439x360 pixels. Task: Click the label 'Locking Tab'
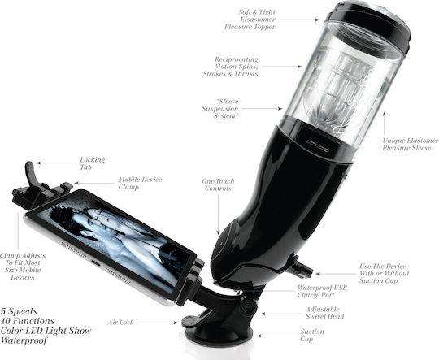(92, 163)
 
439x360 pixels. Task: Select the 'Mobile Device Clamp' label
(140, 183)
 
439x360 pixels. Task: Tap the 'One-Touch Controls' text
(218, 184)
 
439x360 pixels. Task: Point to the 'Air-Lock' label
(120, 323)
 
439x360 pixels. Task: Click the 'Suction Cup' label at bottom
(312, 336)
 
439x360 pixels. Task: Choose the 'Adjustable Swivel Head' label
(324, 313)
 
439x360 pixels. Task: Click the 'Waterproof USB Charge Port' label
(322, 291)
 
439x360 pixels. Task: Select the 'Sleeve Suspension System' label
(220, 109)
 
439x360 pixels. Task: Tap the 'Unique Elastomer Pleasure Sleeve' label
(411, 144)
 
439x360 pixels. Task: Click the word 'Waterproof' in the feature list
(24, 340)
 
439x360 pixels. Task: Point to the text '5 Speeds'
(19, 311)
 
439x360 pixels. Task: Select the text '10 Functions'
(28, 321)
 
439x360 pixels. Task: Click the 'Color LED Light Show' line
(46, 331)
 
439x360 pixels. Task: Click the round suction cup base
(219, 336)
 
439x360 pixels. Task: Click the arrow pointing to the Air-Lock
(158, 323)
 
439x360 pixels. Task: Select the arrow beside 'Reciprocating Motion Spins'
(282, 67)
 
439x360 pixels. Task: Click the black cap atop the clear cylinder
(368, 23)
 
